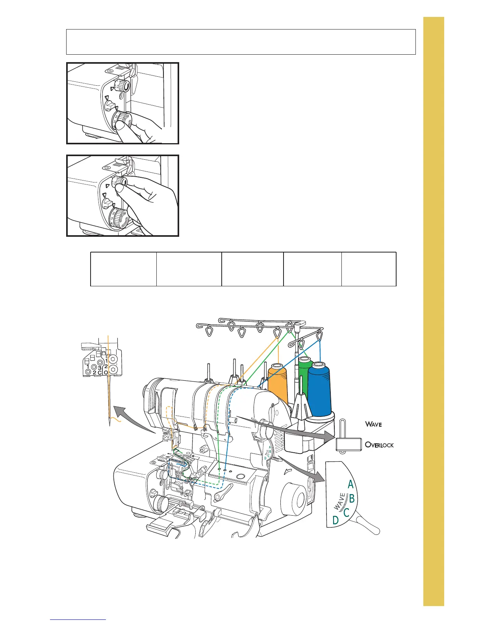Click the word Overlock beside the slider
pos(379,445)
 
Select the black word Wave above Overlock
pos(373,424)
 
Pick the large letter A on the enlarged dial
pos(350,485)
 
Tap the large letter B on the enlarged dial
pos(352,499)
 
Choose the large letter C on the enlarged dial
pos(346,512)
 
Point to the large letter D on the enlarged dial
pos(335,520)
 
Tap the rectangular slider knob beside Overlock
pos(349,444)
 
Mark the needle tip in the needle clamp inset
pos(109,424)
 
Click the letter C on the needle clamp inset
pos(100,372)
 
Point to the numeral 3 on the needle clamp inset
pos(100,367)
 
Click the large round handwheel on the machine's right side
pos(293,497)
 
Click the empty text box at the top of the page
pos(241,41)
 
